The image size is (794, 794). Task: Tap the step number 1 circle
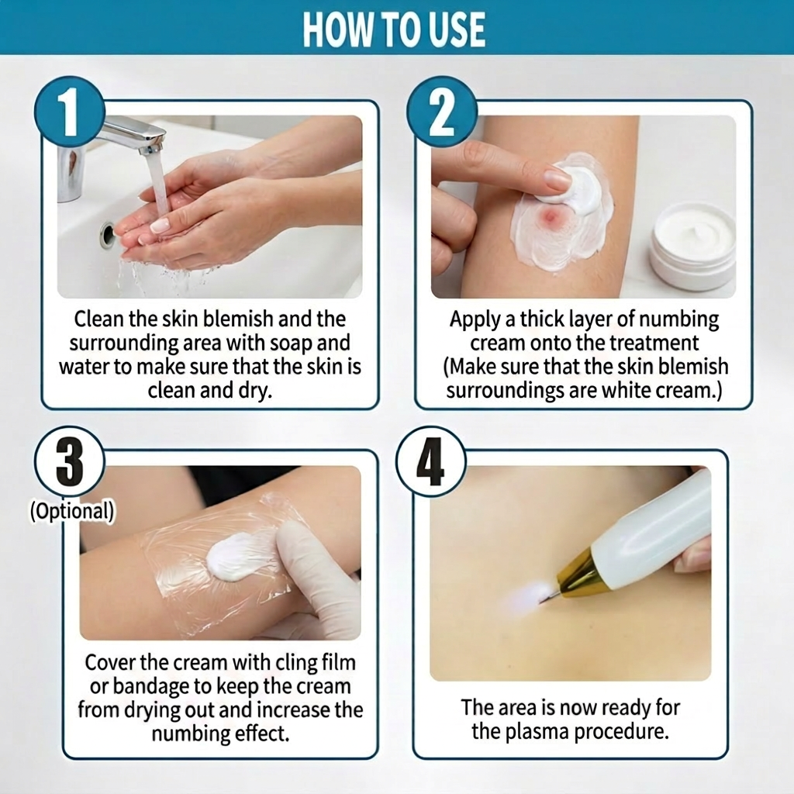70,112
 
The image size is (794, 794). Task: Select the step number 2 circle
442,112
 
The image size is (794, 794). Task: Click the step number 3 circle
70,463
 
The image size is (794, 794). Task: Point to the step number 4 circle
431,463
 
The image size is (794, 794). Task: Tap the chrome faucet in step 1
132,136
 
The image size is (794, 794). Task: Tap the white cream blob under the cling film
237,558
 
